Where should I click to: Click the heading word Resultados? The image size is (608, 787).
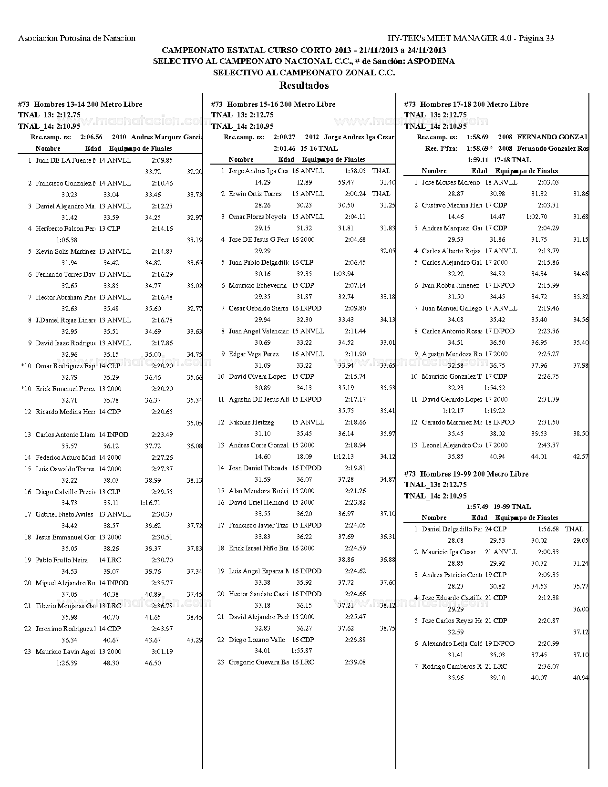coord(304,86)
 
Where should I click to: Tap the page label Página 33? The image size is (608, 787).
coord(536,38)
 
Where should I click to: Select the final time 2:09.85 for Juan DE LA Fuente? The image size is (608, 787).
coord(162,160)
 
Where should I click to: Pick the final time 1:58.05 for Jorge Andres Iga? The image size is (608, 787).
coord(355,171)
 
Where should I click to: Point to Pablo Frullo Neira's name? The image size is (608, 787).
coord(62,560)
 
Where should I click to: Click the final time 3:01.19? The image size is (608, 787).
coord(162,652)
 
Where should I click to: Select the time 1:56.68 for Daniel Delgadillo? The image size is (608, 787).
coord(548,529)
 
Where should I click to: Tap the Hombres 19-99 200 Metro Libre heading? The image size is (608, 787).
coord(466,474)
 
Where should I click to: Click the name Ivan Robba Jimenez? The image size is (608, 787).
coord(450,285)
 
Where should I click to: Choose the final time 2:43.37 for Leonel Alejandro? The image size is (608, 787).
coord(548,445)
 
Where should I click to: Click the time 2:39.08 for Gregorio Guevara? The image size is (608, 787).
coord(355,662)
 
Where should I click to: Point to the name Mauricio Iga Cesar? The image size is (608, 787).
coord(449,552)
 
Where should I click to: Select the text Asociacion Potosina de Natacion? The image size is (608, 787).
coord(77,38)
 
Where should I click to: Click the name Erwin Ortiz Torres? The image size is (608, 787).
coord(255,194)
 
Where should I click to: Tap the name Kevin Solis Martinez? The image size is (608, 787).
coord(65,251)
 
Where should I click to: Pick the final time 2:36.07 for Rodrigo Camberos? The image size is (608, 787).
coord(548,666)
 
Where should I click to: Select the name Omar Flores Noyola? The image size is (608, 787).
coord(257,217)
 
